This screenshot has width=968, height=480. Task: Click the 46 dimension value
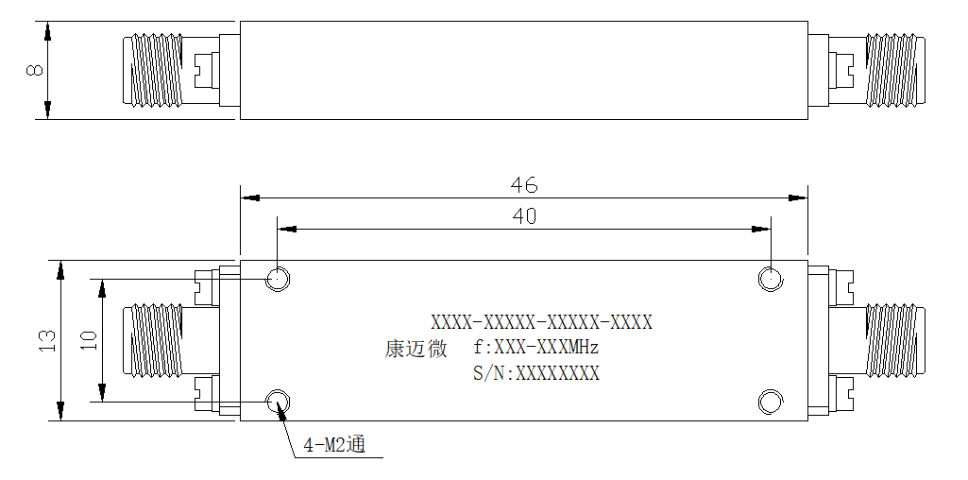523,184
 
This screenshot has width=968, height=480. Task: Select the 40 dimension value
524,216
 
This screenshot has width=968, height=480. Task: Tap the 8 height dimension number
36,70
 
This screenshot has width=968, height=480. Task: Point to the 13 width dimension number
47,341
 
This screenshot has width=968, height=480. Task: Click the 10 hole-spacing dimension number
89,341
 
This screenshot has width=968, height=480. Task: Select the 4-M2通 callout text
334,445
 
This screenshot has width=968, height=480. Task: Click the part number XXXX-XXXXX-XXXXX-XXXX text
541,322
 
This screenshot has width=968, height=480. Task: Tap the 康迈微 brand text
416,349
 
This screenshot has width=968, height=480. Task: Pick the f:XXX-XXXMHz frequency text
535,348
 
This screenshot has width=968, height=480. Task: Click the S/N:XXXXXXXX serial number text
535,374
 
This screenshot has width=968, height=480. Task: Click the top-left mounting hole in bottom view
278,280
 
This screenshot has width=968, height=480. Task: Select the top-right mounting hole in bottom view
771,280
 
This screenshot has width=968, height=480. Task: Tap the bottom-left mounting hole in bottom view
278,403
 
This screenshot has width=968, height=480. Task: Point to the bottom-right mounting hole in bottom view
771,403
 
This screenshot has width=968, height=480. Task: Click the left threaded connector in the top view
153,70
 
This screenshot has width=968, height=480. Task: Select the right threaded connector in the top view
895,70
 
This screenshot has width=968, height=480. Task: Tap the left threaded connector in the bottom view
153,340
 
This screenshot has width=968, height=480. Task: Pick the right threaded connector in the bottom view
895,340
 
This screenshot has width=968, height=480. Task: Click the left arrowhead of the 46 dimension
249,198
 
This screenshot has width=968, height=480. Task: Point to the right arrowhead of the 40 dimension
761,230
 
